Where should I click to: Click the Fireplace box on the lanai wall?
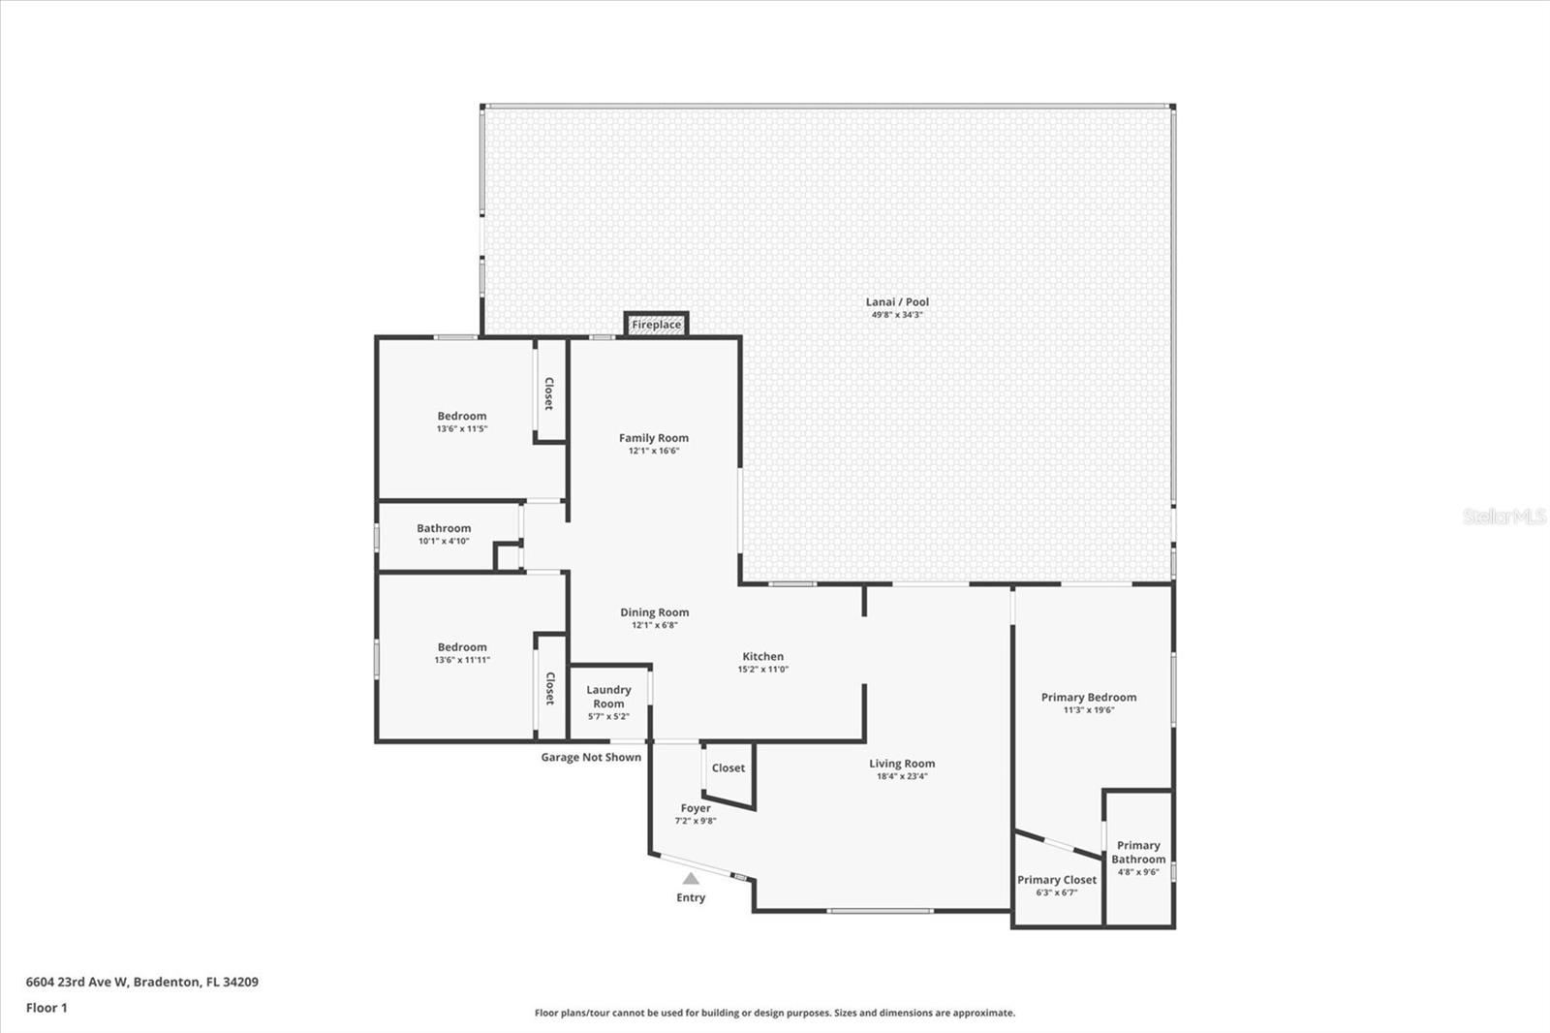pos(656,324)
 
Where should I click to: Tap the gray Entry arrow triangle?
pos(691,879)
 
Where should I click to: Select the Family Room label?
pos(654,438)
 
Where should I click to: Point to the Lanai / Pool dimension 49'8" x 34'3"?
pos(897,314)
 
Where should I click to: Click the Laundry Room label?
pos(609,697)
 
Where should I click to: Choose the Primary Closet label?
pos(1057,880)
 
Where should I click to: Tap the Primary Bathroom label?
pos(1138,853)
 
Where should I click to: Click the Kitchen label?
pos(763,656)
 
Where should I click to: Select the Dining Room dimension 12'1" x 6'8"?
pos(655,625)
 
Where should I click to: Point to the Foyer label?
pos(696,808)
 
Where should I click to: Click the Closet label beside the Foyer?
pos(728,767)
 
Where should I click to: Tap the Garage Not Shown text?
pos(591,758)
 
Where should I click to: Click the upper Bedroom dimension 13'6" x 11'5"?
pos(462,428)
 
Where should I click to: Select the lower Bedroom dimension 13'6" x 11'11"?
pos(462,660)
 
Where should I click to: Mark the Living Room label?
pos(902,764)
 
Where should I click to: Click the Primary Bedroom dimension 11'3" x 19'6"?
pos(1089,709)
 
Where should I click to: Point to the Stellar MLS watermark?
pos(1503,516)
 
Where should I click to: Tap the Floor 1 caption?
pos(47,1008)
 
